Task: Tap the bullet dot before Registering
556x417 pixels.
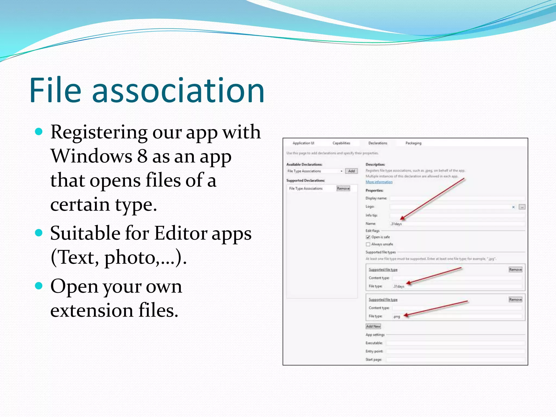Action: click(x=39, y=132)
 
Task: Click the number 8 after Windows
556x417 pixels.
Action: click(x=142, y=156)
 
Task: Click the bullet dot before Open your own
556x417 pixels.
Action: click(x=39, y=286)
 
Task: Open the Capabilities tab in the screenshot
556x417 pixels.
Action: click(x=341, y=143)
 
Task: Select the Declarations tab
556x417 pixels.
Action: click(x=378, y=143)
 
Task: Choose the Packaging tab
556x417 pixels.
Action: click(x=413, y=143)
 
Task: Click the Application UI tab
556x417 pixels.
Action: click(x=303, y=143)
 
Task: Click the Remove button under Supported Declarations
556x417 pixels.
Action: click(x=343, y=188)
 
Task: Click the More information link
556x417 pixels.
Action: click(x=379, y=182)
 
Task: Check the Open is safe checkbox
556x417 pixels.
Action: click(x=368, y=237)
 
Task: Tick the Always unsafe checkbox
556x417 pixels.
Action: click(x=368, y=244)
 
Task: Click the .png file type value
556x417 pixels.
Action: click(x=397, y=317)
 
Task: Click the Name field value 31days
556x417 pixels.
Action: click(x=396, y=224)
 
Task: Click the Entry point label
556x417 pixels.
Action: click(x=374, y=351)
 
